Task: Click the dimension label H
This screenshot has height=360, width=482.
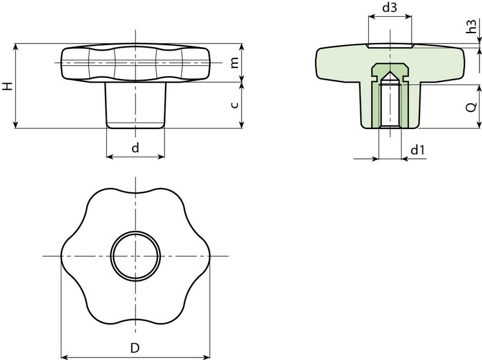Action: click(7, 86)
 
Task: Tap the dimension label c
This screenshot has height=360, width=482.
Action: click(236, 105)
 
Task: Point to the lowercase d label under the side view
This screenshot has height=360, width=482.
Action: click(136, 148)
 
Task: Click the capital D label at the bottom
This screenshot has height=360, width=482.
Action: click(136, 348)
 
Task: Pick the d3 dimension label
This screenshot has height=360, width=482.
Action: click(390, 8)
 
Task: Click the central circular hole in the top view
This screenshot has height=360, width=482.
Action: click(136, 256)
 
